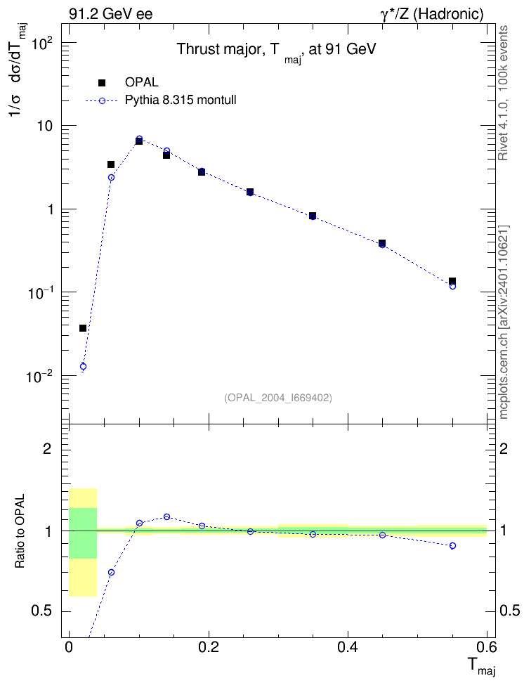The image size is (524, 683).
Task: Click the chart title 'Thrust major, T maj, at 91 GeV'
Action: (276, 51)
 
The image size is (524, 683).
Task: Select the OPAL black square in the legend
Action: (102, 82)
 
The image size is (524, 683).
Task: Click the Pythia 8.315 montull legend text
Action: (181, 100)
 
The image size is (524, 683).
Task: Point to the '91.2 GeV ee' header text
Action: (111, 15)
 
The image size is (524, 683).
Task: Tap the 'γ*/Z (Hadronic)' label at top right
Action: (432, 15)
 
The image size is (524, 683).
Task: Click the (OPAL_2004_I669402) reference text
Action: (278, 398)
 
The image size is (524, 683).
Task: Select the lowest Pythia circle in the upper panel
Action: (83, 366)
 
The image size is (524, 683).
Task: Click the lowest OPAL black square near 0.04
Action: (83, 328)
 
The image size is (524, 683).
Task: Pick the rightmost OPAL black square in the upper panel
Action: (452, 281)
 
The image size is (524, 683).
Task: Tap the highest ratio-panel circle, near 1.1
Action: (167, 516)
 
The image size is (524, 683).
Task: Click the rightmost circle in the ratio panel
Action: (452, 545)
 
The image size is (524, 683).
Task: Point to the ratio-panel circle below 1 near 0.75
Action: (111, 572)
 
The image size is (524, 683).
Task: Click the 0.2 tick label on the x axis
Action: (208, 647)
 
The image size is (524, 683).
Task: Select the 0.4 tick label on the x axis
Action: (348, 647)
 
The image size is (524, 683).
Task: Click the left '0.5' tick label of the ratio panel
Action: (41, 611)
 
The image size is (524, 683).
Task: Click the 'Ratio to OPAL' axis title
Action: (20, 531)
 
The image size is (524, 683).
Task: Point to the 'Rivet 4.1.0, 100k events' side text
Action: (503, 93)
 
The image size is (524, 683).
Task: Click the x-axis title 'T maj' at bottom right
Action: (482, 666)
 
